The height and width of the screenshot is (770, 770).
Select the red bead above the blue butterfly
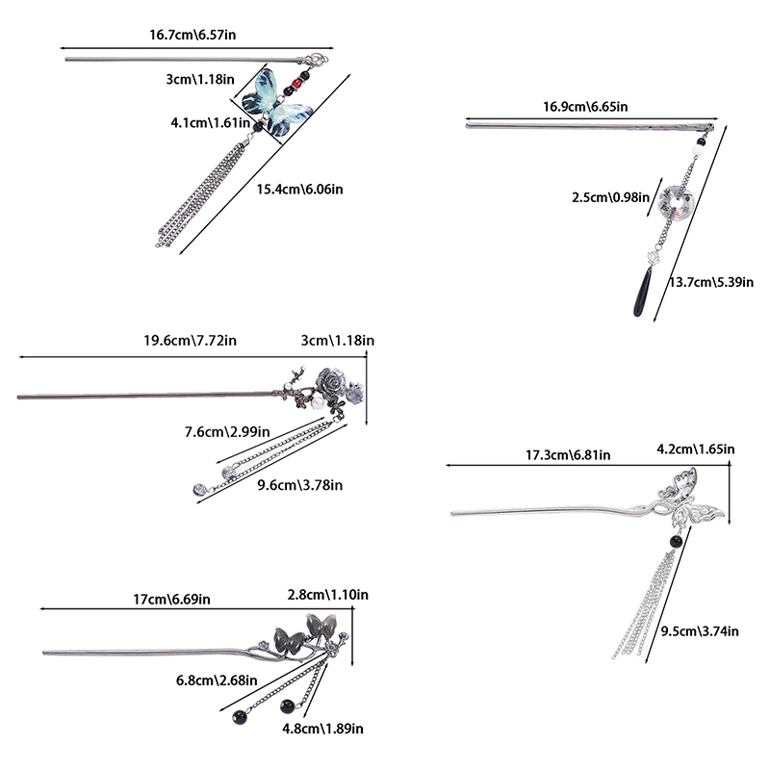296,85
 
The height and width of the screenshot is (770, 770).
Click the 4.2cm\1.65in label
695,449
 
